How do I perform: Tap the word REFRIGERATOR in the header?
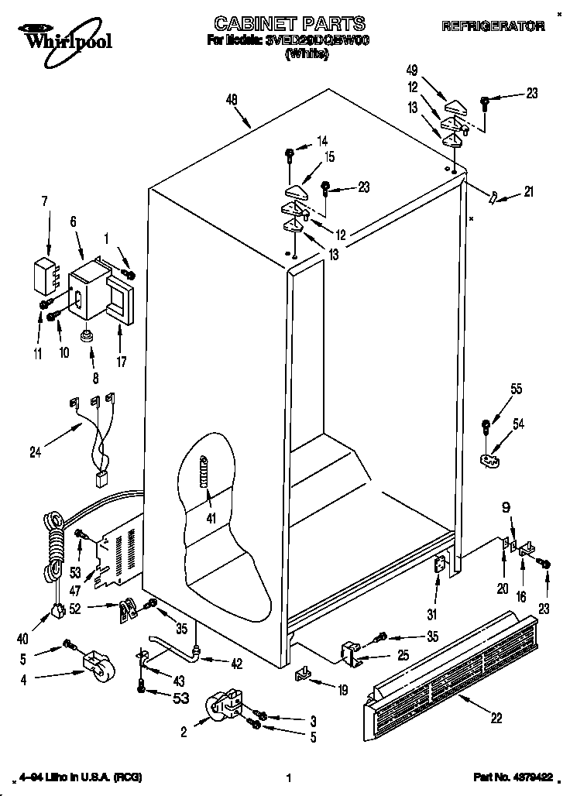click(493, 26)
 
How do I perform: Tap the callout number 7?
click(44, 201)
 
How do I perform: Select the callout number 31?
click(432, 615)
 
